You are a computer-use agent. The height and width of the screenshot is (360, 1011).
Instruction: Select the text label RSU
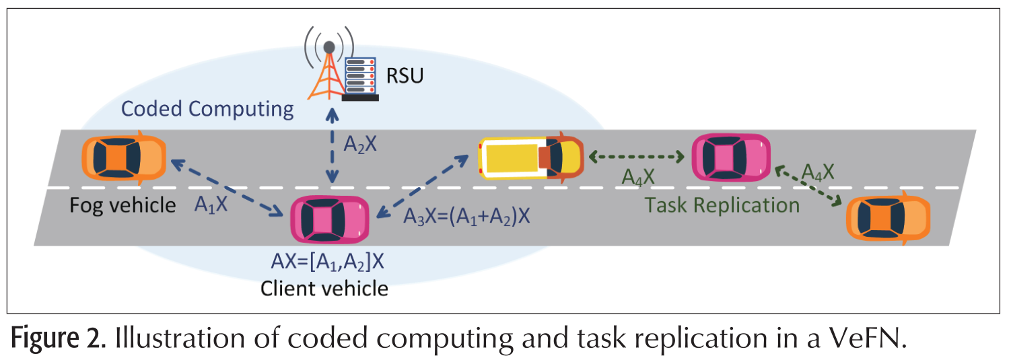405,75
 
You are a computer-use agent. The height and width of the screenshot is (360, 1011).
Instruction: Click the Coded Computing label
207,108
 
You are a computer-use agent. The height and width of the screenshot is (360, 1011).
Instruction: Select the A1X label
211,203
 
